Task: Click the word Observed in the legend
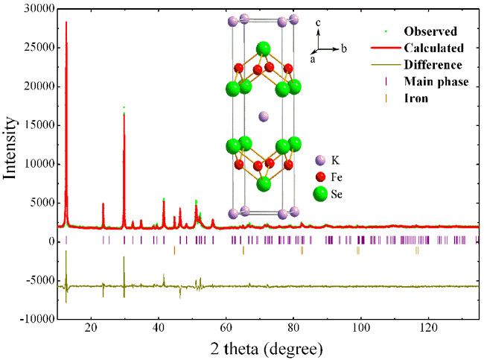(430, 32)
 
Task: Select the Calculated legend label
(434, 48)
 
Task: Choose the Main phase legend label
(436, 81)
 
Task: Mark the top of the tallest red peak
(66, 22)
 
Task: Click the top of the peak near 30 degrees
(124, 109)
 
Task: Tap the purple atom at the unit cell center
(263, 116)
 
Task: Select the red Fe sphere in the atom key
(321, 177)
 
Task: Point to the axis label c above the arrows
(318, 23)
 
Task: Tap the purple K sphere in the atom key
(321, 160)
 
